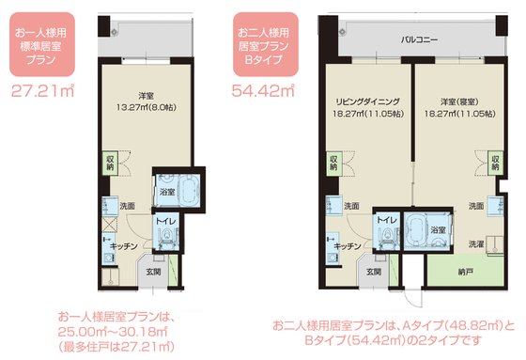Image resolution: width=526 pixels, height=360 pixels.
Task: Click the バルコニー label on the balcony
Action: pyautogui.click(x=419, y=40)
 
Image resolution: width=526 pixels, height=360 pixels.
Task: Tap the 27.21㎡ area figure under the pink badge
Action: pyautogui.click(x=43, y=90)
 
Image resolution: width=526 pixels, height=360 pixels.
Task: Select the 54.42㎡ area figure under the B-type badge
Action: pyautogui.click(x=263, y=90)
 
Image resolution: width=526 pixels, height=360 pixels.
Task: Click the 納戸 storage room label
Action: pyautogui.click(x=466, y=272)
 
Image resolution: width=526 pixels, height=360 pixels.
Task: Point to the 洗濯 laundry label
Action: pyautogui.click(x=476, y=244)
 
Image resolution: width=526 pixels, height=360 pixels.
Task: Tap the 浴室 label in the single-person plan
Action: pyautogui.click(x=167, y=192)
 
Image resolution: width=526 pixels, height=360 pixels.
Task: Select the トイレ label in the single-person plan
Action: pyautogui.click(x=165, y=221)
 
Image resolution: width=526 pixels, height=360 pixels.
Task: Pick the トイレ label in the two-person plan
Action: pyautogui.click(x=387, y=220)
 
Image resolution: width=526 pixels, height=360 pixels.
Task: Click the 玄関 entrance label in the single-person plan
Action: pyautogui.click(x=154, y=272)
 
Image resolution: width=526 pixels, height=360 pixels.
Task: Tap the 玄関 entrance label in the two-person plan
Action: pyautogui.click(x=374, y=272)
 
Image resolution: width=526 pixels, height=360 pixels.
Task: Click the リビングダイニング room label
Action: pyautogui.click(x=368, y=102)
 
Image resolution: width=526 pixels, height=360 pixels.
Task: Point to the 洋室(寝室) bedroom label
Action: pyautogui.click(x=459, y=102)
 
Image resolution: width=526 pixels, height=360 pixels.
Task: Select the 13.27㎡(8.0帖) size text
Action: pyautogui.click(x=147, y=107)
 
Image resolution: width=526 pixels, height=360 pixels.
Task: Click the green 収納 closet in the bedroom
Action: pyautogui.click(x=496, y=163)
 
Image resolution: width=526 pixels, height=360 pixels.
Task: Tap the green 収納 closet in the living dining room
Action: pyautogui.click(x=333, y=163)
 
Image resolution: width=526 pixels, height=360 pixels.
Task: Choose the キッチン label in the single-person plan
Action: pyautogui.click(x=124, y=246)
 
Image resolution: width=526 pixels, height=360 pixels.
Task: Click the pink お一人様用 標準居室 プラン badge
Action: pyautogui.click(x=42, y=44)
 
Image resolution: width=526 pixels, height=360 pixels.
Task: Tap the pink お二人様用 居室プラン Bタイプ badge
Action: pyautogui.click(x=266, y=44)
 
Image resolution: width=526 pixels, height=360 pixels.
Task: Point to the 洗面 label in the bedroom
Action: pyautogui.click(x=476, y=206)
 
